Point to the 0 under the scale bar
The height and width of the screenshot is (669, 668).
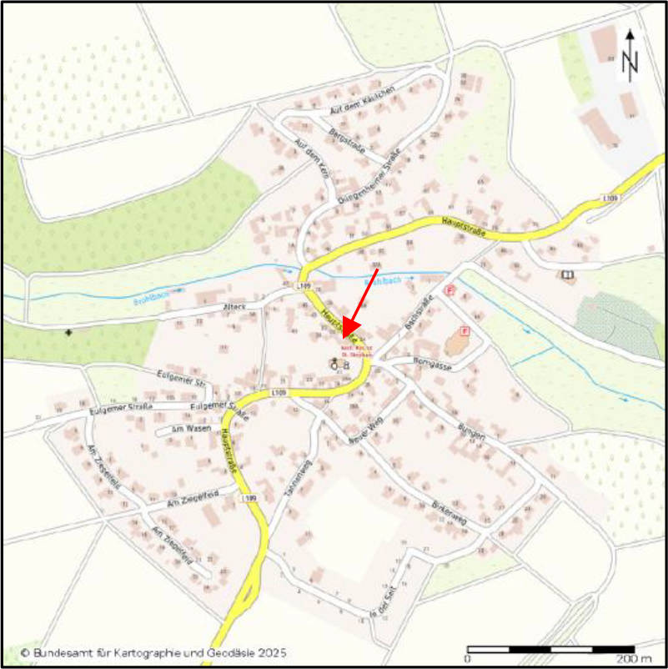(468, 659)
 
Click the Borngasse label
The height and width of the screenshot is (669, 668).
(431, 362)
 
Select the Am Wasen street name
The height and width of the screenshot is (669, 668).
(188, 429)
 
